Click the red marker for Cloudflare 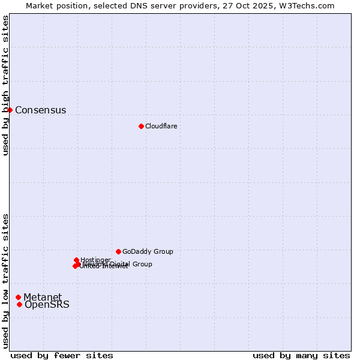[x=141, y=126]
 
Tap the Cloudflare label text [x=161, y=126]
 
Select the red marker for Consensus [x=10, y=110]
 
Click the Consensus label [x=40, y=110]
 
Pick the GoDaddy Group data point [x=118, y=251]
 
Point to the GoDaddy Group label [x=148, y=252]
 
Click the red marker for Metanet [x=19, y=297]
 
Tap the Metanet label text [x=43, y=298]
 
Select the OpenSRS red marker [x=20, y=304]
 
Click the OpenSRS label [x=47, y=305]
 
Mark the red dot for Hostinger [x=77, y=260]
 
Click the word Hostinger [x=96, y=260]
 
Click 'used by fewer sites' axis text [x=62, y=355]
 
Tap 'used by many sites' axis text [x=301, y=355]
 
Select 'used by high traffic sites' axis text [x=6, y=86]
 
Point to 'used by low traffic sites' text [x=6, y=281]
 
